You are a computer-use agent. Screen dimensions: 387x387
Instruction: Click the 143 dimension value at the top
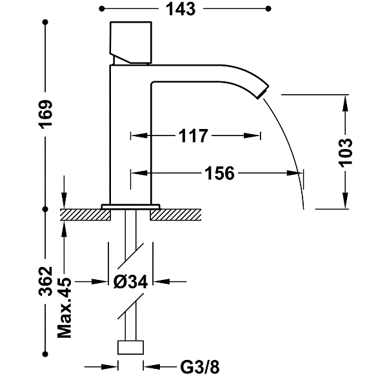pyautogui.click(x=181, y=9)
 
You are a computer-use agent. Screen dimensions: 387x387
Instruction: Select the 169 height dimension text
pyautogui.click(x=46, y=114)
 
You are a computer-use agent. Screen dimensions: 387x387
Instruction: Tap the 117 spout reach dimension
pyautogui.click(x=193, y=135)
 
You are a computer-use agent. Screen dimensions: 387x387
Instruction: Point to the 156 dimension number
pyautogui.click(x=219, y=174)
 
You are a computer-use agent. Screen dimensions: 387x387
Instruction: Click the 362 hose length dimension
pyautogui.click(x=46, y=281)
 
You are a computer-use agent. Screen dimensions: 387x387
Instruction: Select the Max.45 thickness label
pyautogui.click(x=64, y=308)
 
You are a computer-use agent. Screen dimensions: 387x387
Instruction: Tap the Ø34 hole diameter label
pyautogui.click(x=131, y=281)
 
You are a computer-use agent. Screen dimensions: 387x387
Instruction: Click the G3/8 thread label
pyautogui.click(x=200, y=367)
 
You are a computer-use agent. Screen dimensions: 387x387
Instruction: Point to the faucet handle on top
pyautogui.click(x=130, y=42)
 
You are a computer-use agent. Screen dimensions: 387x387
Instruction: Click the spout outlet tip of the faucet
pyautogui.click(x=263, y=92)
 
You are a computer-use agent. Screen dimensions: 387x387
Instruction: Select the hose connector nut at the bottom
pyautogui.click(x=130, y=348)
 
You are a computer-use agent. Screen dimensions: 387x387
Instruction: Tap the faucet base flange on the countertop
pyautogui.click(x=130, y=207)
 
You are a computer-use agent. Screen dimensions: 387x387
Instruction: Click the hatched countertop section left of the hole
pyautogui.click(x=85, y=215)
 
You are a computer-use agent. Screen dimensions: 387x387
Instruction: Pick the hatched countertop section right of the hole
pyautogui.click(x=175, y=215)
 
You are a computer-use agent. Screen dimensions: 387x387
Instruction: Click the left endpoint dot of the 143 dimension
pyautogui.click(x=101, y=9)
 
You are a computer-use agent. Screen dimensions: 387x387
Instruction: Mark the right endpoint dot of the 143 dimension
pyautogui.click(x=268, y=9)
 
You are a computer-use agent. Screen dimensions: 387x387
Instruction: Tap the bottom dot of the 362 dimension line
pyautogui.click(x=45, y=354)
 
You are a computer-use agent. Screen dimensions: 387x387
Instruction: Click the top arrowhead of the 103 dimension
pyautogui.click(x=346, y=103)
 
